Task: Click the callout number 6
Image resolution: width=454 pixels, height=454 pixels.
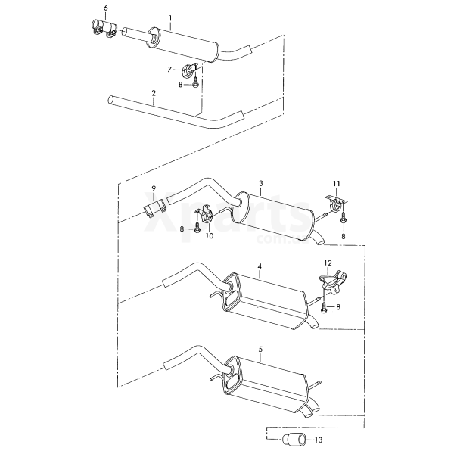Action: click(x=105, y=8)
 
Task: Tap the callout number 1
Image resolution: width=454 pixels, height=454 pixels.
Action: click(x=170, y=18)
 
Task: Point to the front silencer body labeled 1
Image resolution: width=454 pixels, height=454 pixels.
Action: click(x=184, y=45)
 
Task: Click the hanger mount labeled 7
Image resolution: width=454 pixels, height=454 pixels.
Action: click(x=188, y=70)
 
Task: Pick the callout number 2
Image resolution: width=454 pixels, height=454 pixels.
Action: click(x=154, y=93)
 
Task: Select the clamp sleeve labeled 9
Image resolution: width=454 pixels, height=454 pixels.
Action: click(x=154, y=208)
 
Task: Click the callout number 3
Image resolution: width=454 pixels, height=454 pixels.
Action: click(x=261, y=184)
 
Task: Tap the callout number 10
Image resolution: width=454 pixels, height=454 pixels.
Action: click(x=210, y=236)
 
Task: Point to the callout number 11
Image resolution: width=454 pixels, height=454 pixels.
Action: click(x=337, y=184)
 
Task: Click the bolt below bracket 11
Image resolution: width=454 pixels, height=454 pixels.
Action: click(x=344, y=218)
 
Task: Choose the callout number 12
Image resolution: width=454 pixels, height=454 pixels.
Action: click(x=328, y=263)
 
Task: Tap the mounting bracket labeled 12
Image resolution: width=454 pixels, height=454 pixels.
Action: click(x=333, y=282)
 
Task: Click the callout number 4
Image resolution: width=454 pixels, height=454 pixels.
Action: click(x=260, y=266)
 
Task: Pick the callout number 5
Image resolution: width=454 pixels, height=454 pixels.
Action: click(x=260, y=350)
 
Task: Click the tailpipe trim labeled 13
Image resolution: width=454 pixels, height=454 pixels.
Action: click(x=292, y=440)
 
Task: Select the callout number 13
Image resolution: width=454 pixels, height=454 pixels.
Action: click(x=319, y=440)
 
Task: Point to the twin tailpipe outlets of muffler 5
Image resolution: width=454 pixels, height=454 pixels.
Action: click(x=310, y=411)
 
